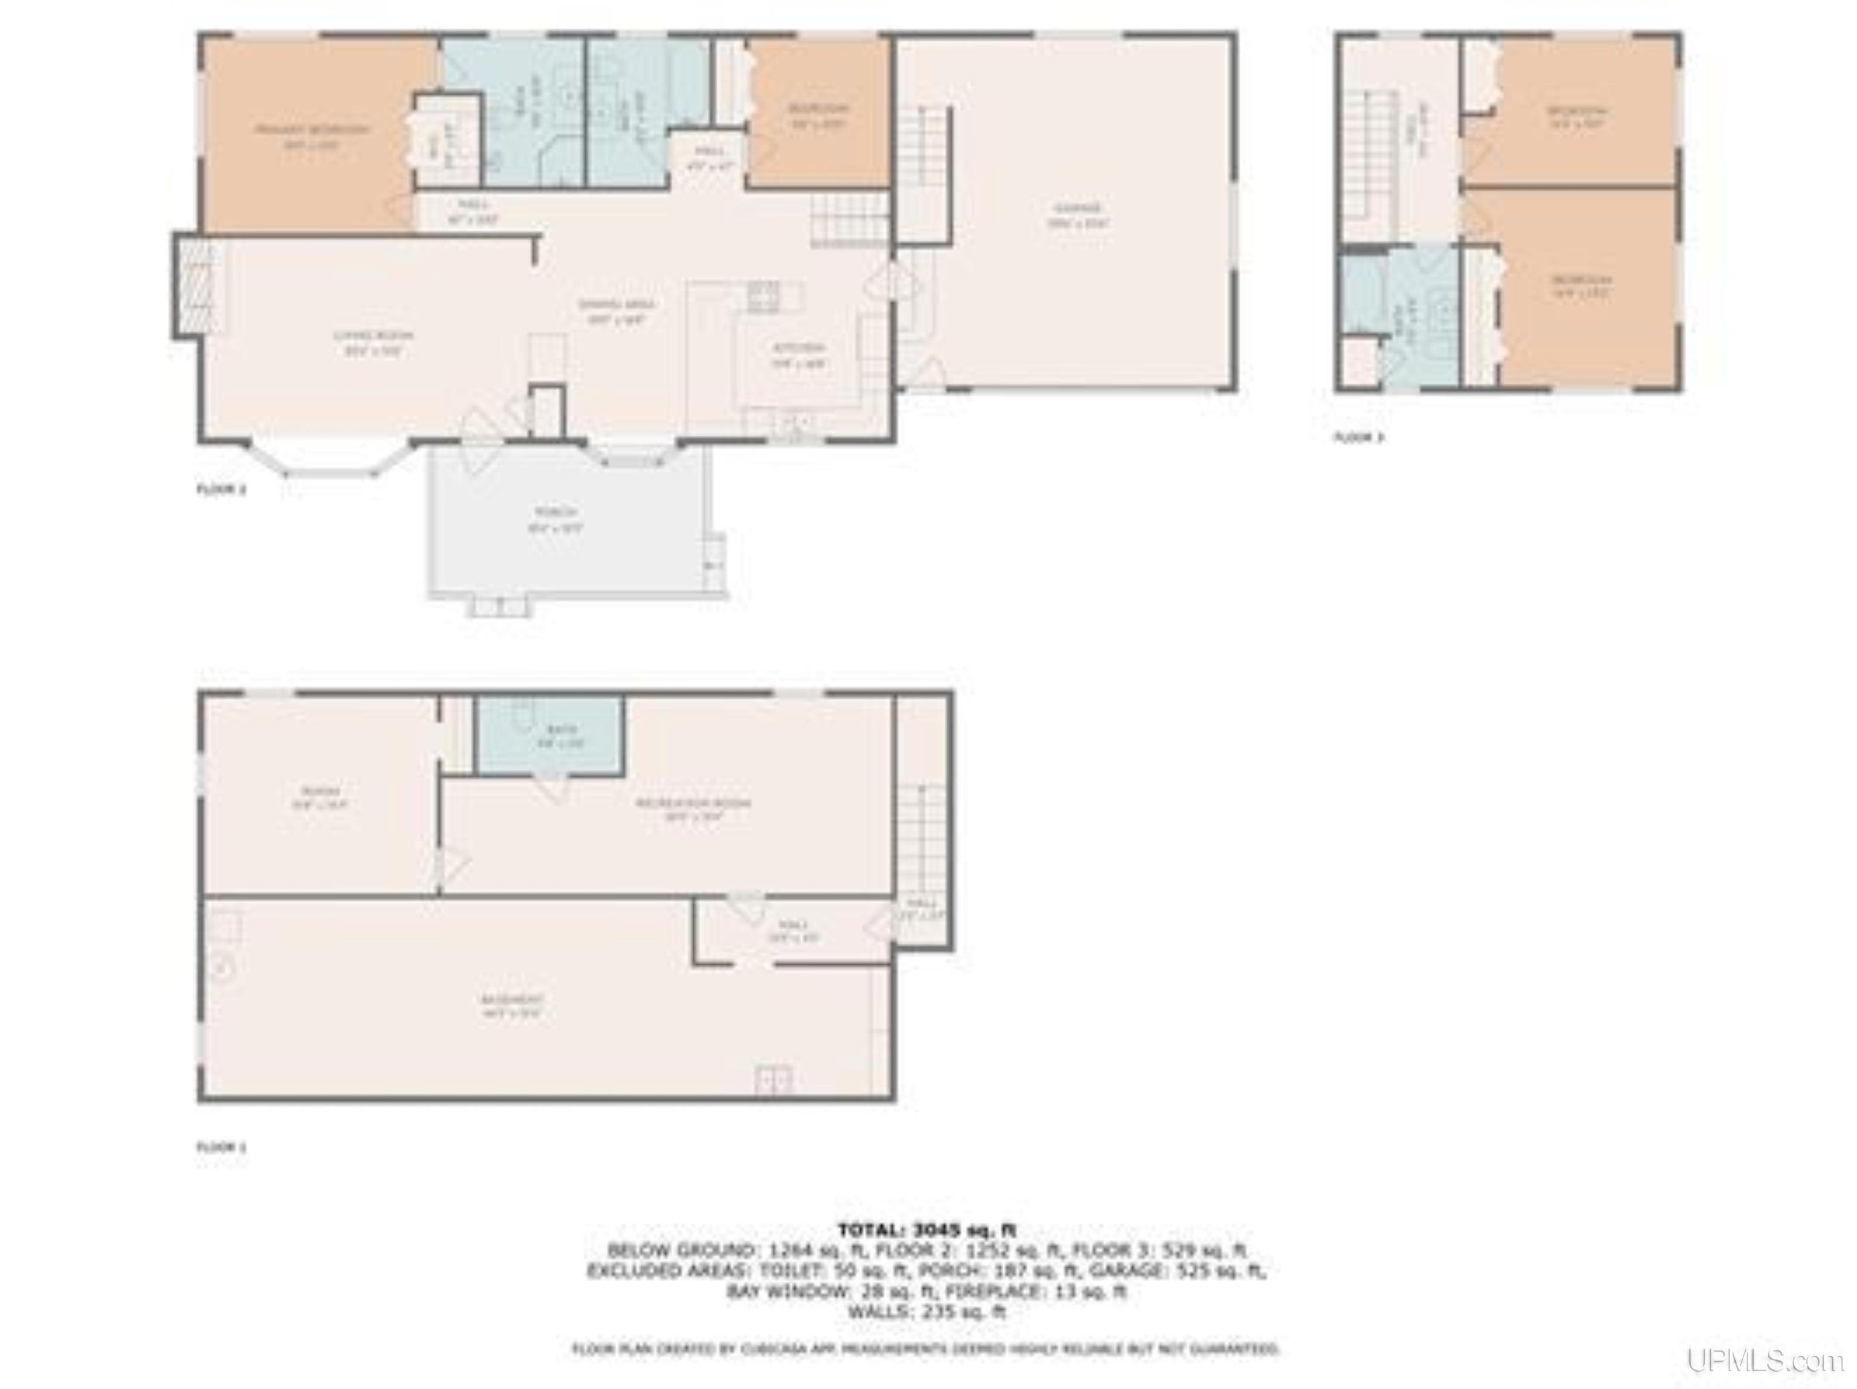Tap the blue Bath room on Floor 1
tap(549, 735)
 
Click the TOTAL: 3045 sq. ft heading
tap(927, 1230)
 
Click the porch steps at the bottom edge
tap(499, 606)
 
